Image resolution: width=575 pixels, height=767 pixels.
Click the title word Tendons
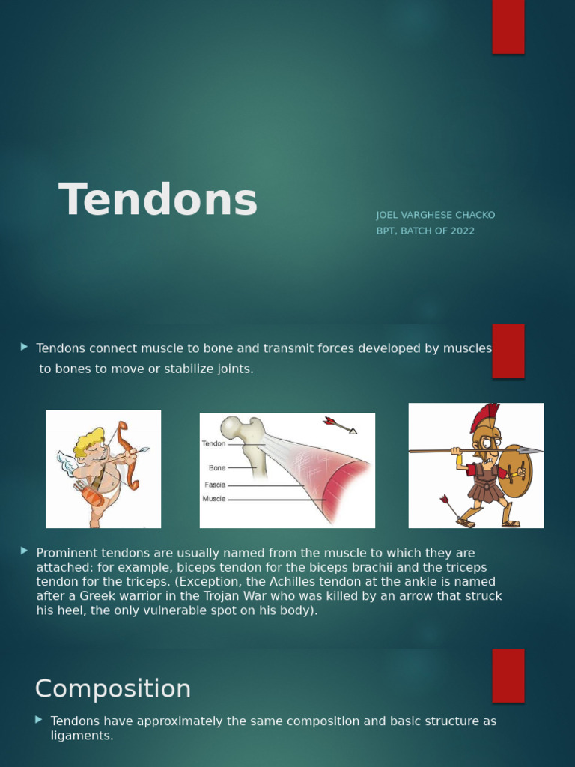158,201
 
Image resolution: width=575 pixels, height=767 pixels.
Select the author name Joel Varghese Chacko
435,215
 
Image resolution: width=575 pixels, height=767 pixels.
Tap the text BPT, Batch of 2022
425,231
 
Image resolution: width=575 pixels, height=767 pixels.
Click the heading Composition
113,688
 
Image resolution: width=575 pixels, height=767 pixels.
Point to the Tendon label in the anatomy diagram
213,443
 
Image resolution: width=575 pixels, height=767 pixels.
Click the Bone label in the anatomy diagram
217,468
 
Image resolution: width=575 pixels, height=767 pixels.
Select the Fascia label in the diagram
215,485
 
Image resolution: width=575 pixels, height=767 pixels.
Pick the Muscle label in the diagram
213,499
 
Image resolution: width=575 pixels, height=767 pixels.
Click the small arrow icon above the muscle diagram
340,425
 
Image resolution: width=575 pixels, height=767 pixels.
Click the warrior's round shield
514,470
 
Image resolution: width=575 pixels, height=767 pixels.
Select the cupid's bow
128,457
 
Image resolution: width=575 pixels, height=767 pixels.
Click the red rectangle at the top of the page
508,27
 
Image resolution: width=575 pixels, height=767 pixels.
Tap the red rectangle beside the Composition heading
508,675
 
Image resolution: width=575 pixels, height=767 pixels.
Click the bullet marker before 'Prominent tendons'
25,551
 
